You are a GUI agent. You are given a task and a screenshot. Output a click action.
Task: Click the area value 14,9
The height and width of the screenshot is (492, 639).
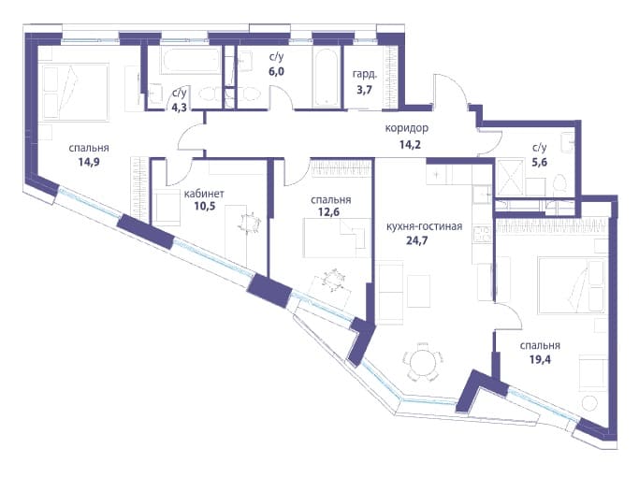click(89, 163)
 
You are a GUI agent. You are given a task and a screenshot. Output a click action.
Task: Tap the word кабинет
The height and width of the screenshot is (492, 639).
click(204, 194)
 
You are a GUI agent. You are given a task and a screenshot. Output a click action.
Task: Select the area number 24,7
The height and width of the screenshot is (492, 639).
click(417, 240)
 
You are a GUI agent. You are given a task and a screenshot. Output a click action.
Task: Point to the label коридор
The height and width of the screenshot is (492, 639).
click(407, 128)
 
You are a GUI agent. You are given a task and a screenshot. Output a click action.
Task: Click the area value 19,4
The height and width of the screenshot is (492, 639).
click(540, 359)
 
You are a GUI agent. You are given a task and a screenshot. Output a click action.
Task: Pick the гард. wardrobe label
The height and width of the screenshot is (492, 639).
click(365, 76)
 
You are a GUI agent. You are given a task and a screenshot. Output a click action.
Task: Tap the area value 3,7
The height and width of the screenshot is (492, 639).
click(364, 90)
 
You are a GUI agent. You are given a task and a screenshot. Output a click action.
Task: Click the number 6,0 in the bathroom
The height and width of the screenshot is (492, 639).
click(276, 72)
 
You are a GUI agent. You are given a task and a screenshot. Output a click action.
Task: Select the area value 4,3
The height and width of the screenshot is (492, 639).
click(179, 109)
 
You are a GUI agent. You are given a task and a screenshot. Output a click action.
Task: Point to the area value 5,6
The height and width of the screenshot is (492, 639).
click(539, 162)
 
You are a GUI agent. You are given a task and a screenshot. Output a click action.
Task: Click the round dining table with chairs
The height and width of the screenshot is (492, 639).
click(422, 362)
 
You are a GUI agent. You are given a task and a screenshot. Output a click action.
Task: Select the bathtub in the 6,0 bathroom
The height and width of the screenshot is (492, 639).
click(326, 78)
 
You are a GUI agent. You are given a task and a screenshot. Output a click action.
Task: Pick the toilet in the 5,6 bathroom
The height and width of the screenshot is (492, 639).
click(560, 183)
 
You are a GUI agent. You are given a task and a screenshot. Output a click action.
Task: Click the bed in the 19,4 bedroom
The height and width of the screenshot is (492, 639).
click(572, 285)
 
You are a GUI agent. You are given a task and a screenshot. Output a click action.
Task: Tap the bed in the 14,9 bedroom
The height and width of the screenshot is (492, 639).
click(76, 92)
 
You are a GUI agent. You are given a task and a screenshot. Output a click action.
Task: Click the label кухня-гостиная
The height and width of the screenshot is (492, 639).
click(424, 226)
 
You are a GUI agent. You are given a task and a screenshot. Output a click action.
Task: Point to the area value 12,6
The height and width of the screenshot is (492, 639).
click(330, 211)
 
